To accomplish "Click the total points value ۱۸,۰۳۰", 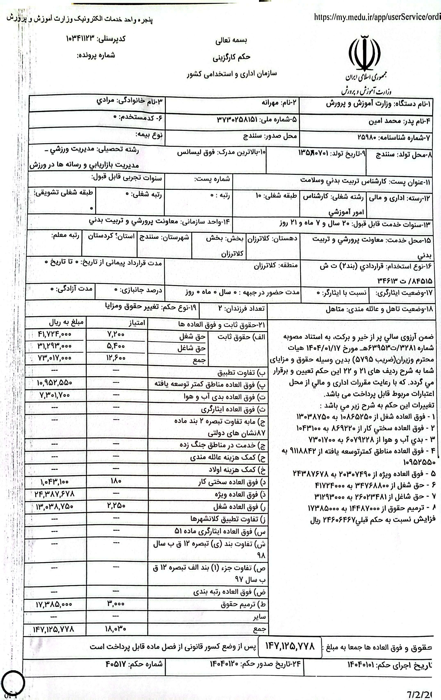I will pyautogui.click(x=116, y=629).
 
